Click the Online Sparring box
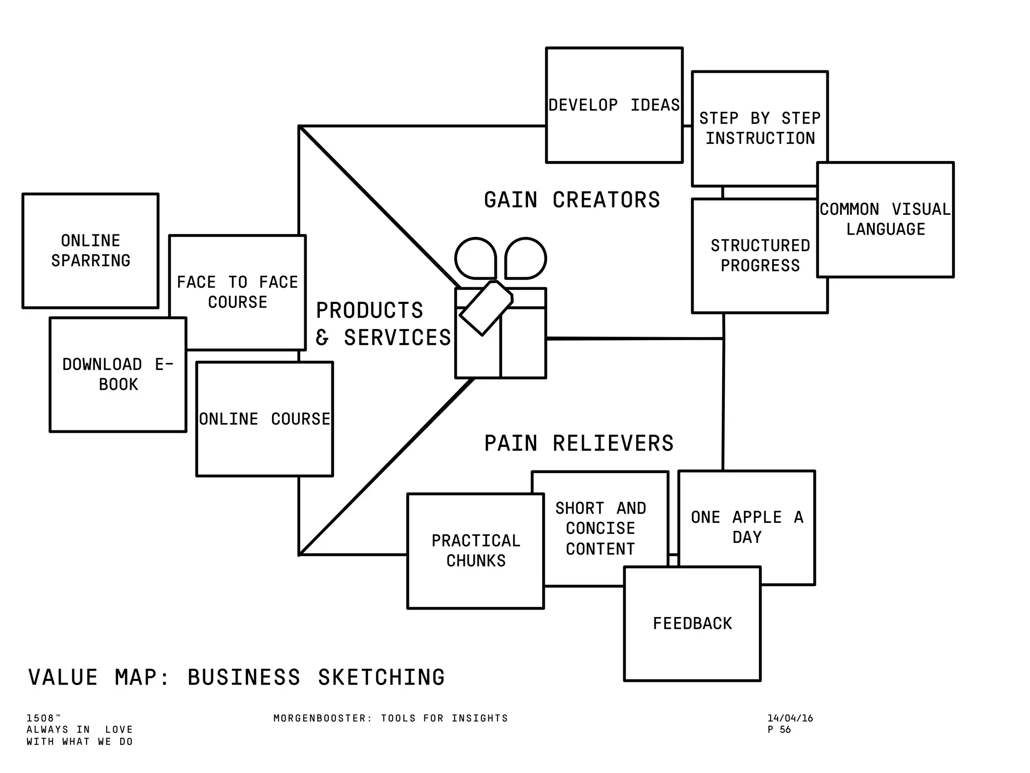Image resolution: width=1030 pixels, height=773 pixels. pos(91,251)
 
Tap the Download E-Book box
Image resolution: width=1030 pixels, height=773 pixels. pos(118,374)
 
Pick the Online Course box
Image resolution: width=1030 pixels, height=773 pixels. pos(265,419)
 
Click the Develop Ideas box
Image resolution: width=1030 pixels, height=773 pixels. pos(614,105)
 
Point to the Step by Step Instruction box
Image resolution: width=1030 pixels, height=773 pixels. pos(759,128)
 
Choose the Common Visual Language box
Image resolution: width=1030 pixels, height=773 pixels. pos(885,219)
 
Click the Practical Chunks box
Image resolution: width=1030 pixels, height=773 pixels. pos(476,551)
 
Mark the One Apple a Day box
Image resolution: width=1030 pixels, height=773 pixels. pos(747,527)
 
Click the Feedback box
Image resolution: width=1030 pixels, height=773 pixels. pos(692,624)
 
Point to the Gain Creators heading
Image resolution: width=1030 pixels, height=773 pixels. pos(572,200)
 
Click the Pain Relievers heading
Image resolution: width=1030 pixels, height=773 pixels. pos(578,443)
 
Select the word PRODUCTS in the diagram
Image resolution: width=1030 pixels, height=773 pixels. pos(370,311)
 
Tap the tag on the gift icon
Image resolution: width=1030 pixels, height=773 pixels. pos(485,308)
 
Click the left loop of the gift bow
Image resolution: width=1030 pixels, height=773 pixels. pos(475,258)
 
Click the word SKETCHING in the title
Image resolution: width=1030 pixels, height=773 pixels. pos(381,677)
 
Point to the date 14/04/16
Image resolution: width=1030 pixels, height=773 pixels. pos(790,718)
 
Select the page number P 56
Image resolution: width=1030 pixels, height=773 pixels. pos(779,730)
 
